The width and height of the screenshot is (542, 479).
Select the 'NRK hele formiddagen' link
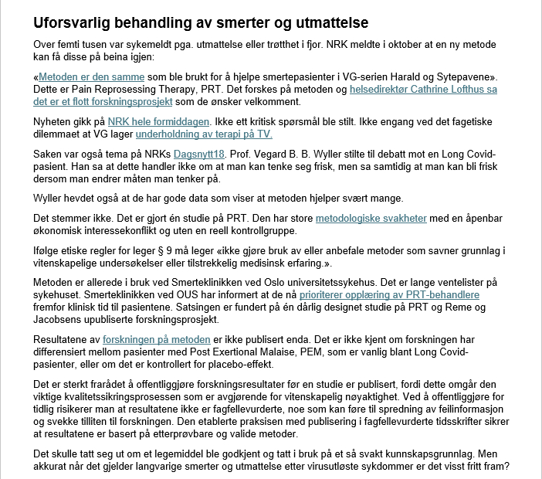point(158,121)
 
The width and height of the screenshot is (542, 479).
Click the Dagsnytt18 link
point(199,154)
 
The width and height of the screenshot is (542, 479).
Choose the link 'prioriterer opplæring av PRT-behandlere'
point(389,295)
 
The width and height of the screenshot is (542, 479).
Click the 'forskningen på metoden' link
point(157,339)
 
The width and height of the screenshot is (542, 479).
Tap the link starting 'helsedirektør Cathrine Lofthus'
point(423,90)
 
